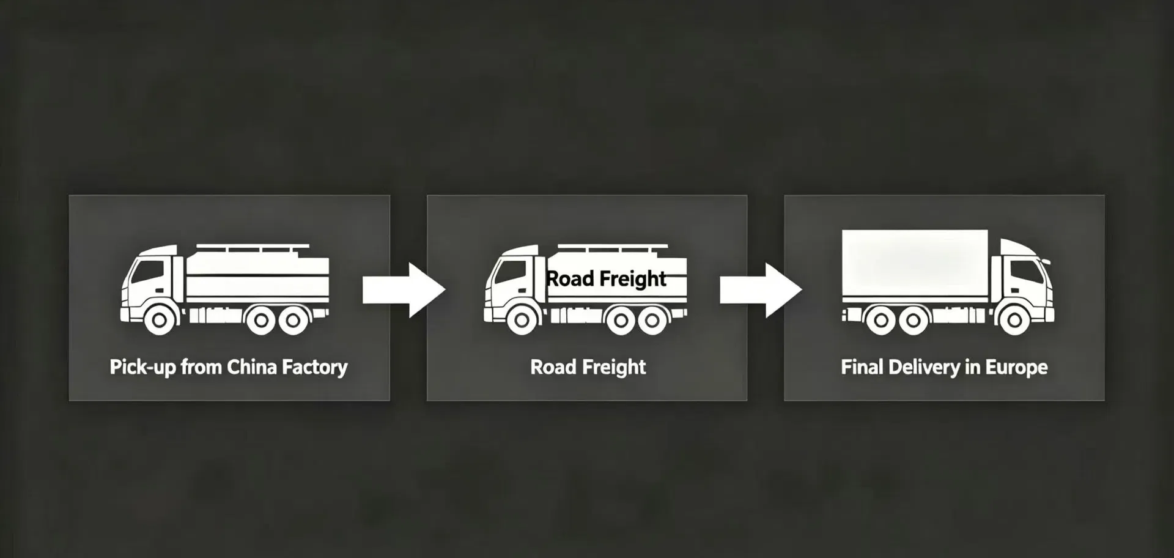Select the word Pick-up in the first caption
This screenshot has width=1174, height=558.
pos(142,368)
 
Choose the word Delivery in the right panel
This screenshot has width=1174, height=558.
pos(924,368)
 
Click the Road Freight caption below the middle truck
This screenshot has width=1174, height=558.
pos(588,368)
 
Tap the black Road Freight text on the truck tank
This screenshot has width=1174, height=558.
pos(606,279)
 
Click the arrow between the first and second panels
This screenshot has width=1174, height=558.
pos(404,290)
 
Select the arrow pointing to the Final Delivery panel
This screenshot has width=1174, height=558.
pos(761,290)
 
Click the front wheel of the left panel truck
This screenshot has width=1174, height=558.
pos(160,319)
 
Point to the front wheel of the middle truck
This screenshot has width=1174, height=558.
pos(522,319)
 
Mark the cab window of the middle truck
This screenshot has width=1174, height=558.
pos(511,271)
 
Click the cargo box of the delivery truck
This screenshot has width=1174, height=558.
pos(915,262)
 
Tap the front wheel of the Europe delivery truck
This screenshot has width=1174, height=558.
pos(1014,319)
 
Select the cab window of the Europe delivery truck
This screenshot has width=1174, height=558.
pos(1027,271)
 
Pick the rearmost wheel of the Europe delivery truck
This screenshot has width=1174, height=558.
pos(881,320)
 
